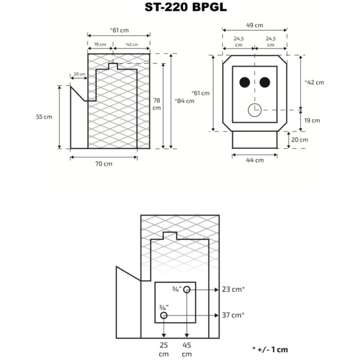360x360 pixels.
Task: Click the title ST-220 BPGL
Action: [179, 8]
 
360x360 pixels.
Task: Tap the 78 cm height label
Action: [156, 104]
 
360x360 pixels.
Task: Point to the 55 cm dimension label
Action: [44, 116]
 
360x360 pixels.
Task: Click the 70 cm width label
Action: [104, 163]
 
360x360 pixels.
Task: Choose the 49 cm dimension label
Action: [254, 25]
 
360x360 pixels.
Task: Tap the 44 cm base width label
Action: [255, 160]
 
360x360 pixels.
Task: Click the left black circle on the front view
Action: [245, 82]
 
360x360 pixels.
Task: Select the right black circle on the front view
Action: [265, 82]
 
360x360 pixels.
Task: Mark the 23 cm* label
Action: [234, 289]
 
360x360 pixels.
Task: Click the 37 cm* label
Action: [234, 314]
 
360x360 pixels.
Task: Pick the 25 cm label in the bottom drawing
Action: [163, 349]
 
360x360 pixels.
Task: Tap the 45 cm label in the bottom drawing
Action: [187, 349]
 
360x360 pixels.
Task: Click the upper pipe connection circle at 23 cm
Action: [187, 290]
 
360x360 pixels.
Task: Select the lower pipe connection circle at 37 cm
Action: [163, 315]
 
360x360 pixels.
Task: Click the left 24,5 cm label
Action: [239, 42]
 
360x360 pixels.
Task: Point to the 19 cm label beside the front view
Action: [311, 120]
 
